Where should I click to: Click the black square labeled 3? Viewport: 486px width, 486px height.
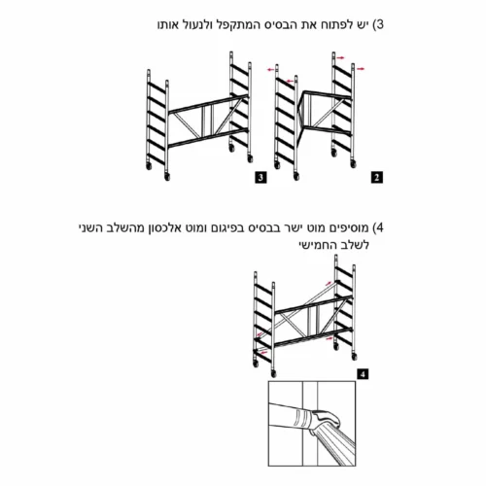(x=260, y=178)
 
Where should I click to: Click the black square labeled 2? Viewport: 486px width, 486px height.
(x=376, y=178)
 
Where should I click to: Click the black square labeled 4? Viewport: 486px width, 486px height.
(x=363, y=374)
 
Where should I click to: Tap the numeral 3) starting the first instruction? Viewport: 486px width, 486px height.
(x=378, y=24)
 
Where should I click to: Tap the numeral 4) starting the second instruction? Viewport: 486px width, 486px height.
(x=377, y=227)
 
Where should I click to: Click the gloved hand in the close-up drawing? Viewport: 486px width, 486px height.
(x=326, y=421)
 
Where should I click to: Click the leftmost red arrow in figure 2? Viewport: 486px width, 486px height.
(x=270, y=69)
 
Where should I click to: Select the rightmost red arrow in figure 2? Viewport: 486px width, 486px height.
(x=361, y=69)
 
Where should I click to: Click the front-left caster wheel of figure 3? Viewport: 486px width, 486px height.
(x=149, y=166)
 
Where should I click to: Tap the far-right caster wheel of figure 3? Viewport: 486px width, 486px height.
(x=250, y=158)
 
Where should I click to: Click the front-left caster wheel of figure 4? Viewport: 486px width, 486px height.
(x=256, y=364)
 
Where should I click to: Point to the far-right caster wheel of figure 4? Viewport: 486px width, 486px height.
(x=354, y=357)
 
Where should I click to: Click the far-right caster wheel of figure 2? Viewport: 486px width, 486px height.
(x=354, y=164)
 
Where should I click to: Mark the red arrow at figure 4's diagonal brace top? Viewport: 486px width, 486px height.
(x=329, y=283)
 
